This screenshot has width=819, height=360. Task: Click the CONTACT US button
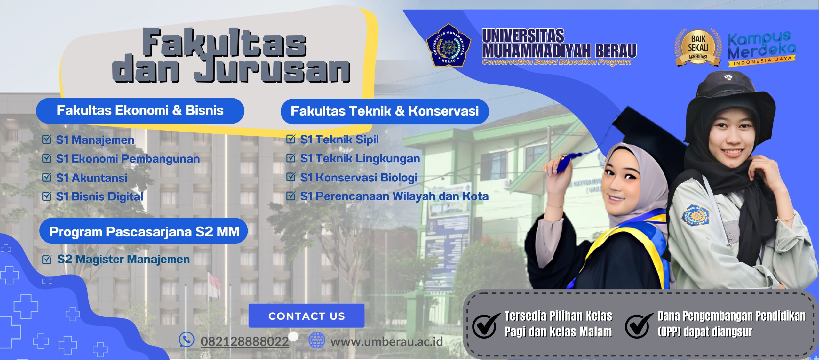306,316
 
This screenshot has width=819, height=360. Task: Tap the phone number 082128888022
244,341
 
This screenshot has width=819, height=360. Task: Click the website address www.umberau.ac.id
386,341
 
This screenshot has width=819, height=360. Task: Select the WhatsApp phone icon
187,340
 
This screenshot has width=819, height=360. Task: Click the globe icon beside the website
317,340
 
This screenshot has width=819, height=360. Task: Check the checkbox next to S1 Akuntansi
47,177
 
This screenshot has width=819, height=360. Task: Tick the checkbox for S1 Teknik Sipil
291,139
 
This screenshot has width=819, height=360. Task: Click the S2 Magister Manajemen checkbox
47,259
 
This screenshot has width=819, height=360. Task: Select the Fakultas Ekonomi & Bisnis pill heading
140,111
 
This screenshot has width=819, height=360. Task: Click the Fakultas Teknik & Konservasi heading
385,111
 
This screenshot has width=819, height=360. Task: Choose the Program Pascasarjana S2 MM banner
144,231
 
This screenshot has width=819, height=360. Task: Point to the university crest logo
449,45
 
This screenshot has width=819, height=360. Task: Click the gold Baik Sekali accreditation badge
698,47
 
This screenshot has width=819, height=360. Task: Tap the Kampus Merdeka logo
762,49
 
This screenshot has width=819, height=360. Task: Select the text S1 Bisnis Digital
99,196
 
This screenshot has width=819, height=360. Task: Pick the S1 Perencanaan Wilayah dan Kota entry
394,196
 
